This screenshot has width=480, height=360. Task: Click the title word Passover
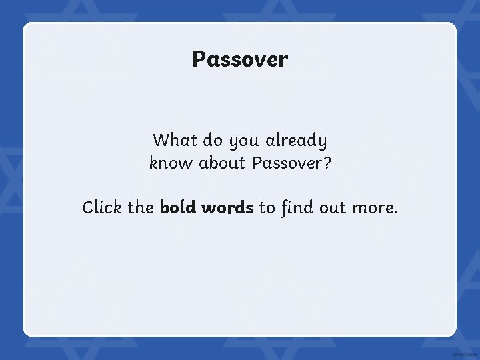240,59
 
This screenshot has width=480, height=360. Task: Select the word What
174,141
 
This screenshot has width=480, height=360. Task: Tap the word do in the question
213,141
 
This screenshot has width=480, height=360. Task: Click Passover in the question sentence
285,163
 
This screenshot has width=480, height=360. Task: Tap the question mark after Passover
327,162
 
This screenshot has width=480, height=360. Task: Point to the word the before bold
141,207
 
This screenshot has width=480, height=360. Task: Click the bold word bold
177,207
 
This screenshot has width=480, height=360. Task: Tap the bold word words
227,207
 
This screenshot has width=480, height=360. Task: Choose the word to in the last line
267,208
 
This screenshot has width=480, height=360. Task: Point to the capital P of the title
199,59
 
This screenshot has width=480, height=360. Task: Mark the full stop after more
395,213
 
